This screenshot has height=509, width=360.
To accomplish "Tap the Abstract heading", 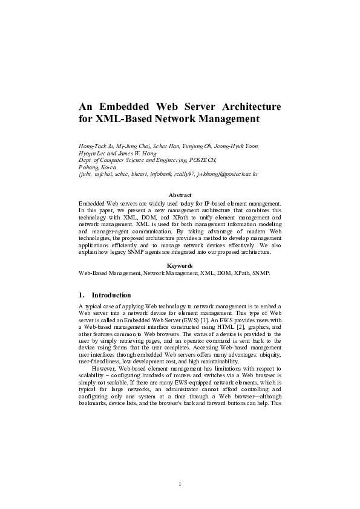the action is [x=180, y=195].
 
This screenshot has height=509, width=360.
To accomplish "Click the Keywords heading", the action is [x=180, y=265].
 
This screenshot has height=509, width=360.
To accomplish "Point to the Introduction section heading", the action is [x=111, y=295].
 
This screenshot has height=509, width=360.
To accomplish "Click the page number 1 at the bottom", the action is [x=180, y=484].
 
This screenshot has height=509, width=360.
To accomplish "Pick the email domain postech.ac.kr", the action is [x=240, y=173].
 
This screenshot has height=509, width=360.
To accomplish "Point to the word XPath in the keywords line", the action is [x=241, y=273].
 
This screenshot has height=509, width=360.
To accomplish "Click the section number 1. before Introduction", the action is [x=82, y=295].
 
